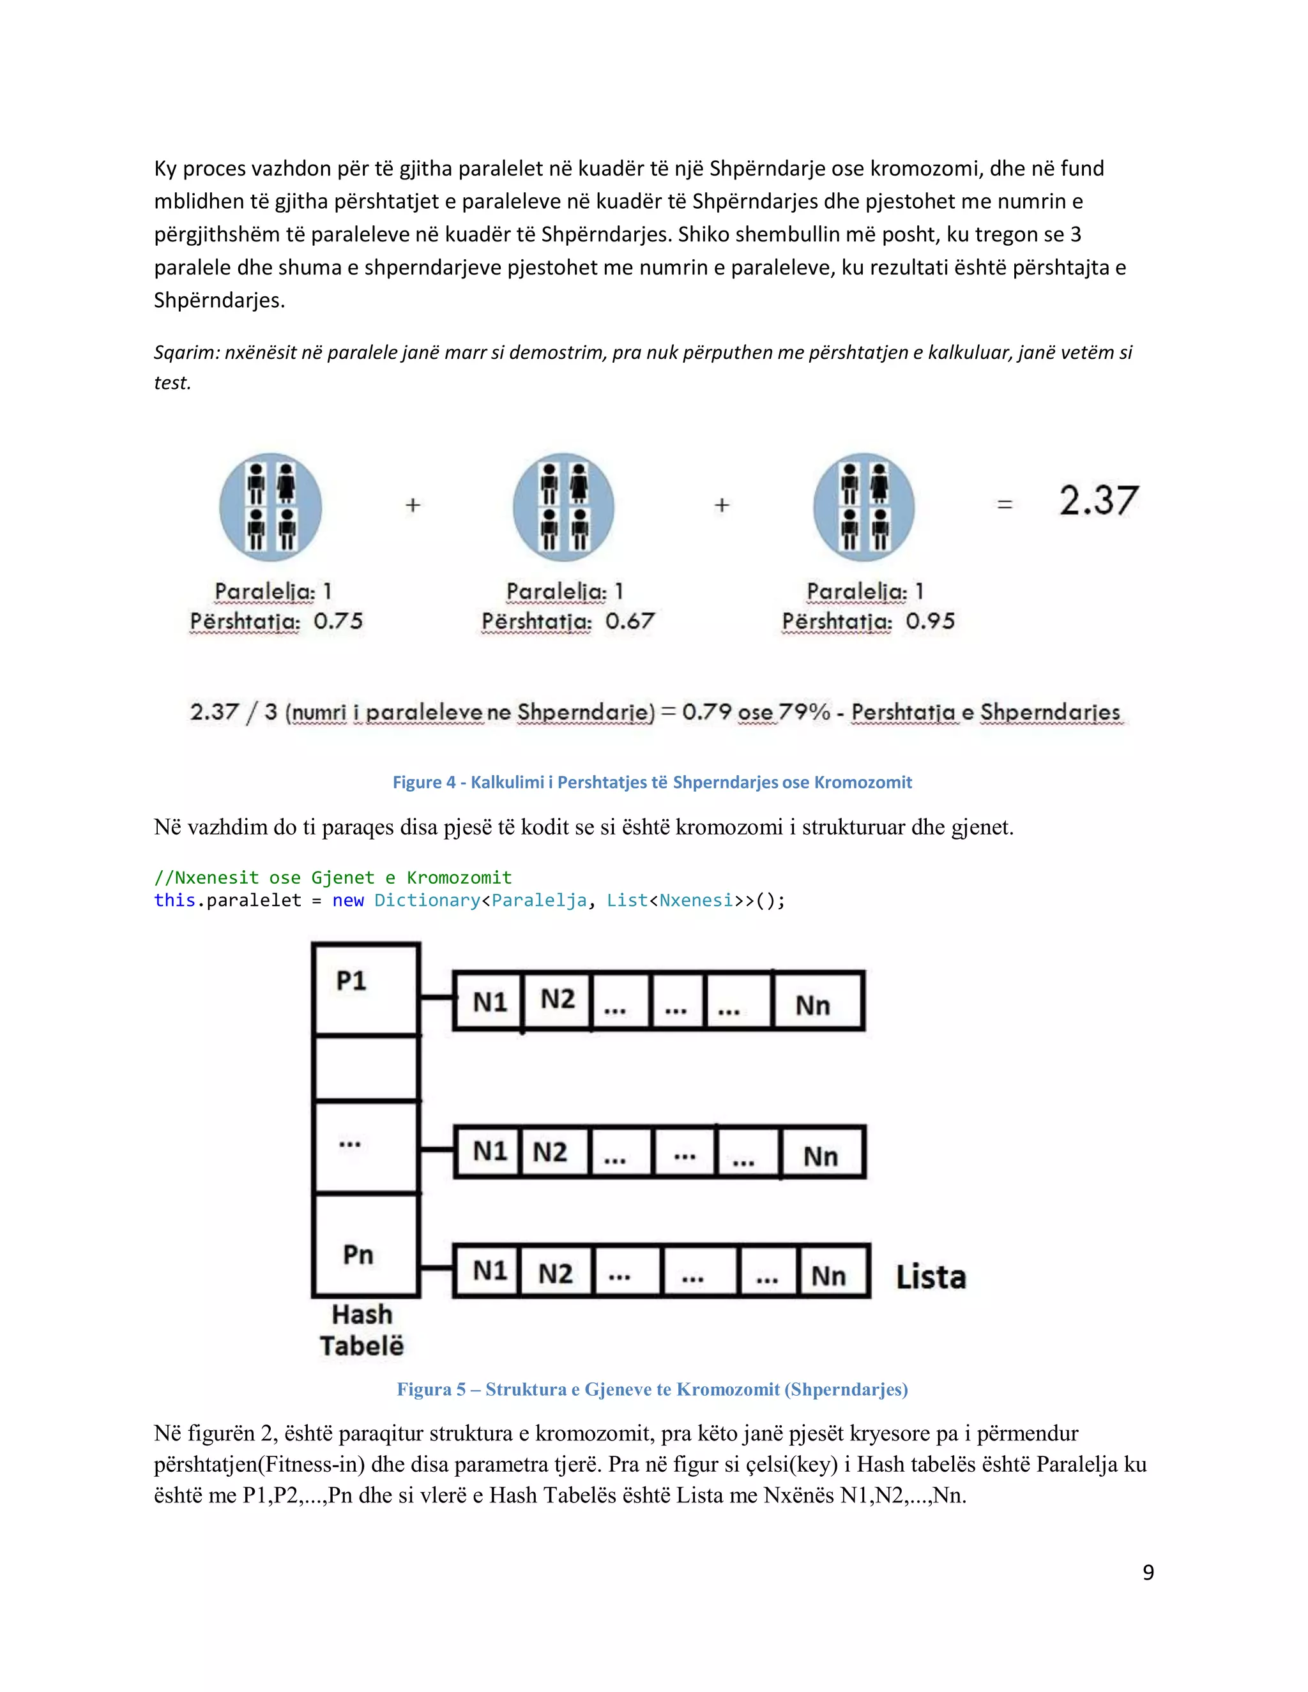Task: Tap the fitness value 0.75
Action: click(x=338, y=621)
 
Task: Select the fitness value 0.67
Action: click(x=629, y=621)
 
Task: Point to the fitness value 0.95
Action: click(x=930, y=621)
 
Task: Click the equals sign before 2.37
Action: click(x=1004, y=505)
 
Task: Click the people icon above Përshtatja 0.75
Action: click(x=270, y=507)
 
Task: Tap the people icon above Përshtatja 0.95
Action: click(x=864, y=507)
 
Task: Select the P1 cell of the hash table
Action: click(x=366, y=988)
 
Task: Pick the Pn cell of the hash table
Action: click(x=366, y=1245)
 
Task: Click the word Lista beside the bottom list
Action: click(x=931, y=1278)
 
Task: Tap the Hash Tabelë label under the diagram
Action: click(x=362, y=1330)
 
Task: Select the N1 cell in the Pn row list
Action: click(x=488, y=1271)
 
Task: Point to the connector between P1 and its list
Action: click(x=436, y=998)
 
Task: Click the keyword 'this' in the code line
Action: click(x=174, y=900)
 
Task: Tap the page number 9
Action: click(x=1148, y=1572)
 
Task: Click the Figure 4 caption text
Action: click(x=651, y=783)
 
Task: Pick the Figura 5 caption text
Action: click(x=651, y=1389)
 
